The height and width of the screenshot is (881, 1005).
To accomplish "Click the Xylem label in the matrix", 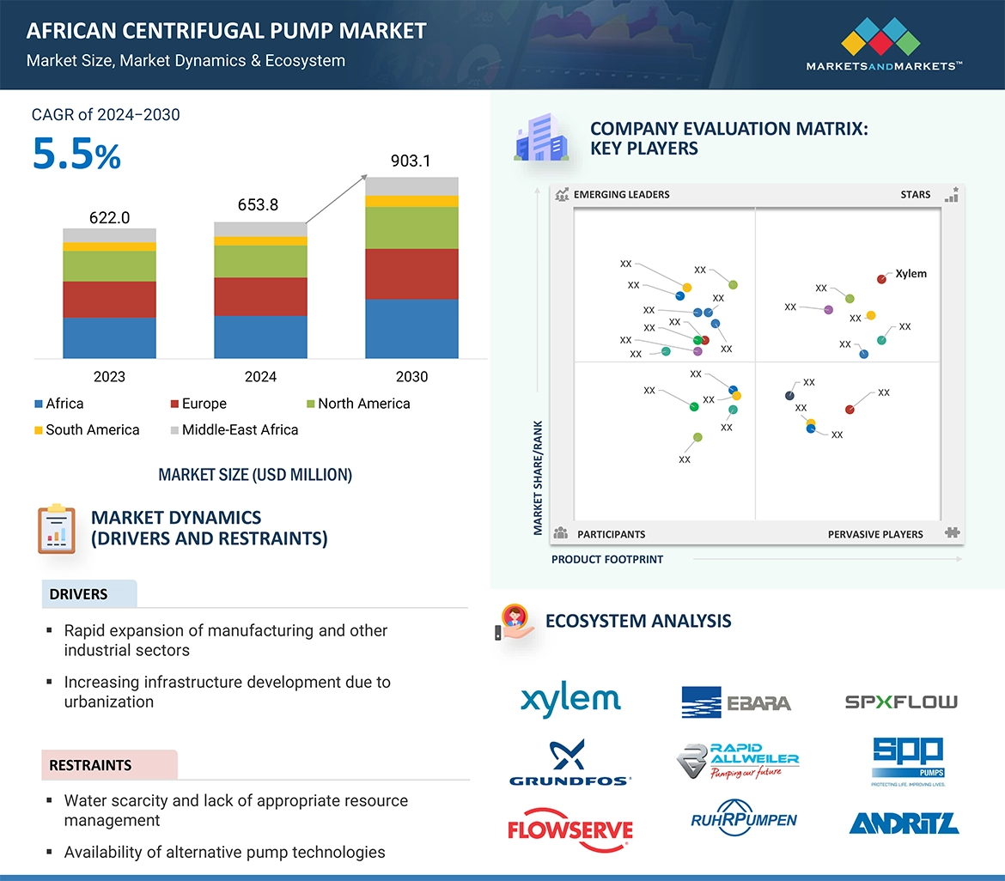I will (x=911, y=274).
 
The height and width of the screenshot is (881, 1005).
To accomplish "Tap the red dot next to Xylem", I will (x=881, y=279).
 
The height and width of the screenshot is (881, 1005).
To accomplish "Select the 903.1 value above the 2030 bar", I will (x=411, y=161).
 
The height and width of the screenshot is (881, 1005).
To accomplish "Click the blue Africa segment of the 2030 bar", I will (x=411, y=328).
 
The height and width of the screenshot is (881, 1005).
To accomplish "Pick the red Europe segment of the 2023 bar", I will (x=109, y=300).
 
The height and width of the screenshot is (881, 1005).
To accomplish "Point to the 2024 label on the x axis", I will (x=260, y=376).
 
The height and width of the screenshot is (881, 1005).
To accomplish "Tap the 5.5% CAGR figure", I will (x=76, y=155).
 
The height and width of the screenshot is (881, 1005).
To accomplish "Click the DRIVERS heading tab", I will (x=79, y=594).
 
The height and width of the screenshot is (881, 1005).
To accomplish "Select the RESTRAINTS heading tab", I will (x=91, y=765).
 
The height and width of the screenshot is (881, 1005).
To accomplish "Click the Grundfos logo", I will (x=570, y=763).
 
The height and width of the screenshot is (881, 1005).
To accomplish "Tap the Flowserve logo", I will (x=570, y=829).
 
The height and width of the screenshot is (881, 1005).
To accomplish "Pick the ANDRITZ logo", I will (x=904, y=823).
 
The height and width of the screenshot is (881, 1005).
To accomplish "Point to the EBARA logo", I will (x=736, y=702).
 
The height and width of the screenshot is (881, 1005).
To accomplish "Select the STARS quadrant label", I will (x=915, y=195).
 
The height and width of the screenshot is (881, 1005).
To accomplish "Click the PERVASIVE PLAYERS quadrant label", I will (x=875, y=534).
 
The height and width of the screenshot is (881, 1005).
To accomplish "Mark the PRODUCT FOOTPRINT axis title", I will (x=607, y=559).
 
